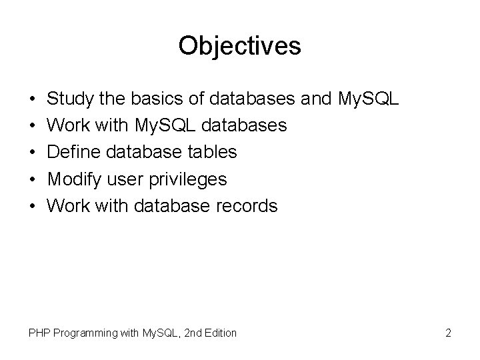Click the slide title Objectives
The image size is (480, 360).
tap(240, 46)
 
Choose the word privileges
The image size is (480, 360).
tap(191, 179)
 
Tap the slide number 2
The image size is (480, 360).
tap(448, 332)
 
